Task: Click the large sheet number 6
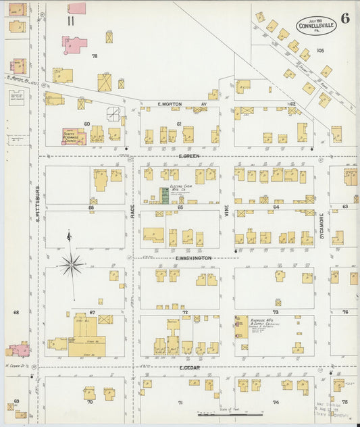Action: (344, 18)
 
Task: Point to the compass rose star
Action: (71, 264)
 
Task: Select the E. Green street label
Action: (187, 156)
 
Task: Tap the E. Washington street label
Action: (193, 258)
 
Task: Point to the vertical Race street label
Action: (132, 212)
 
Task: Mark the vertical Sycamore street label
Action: (322, 226)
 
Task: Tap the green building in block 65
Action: (163, 196)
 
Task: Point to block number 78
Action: (95, 55)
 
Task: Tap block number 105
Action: (320, 51)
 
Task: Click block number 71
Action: (180, 403)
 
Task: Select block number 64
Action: (276, 207)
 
